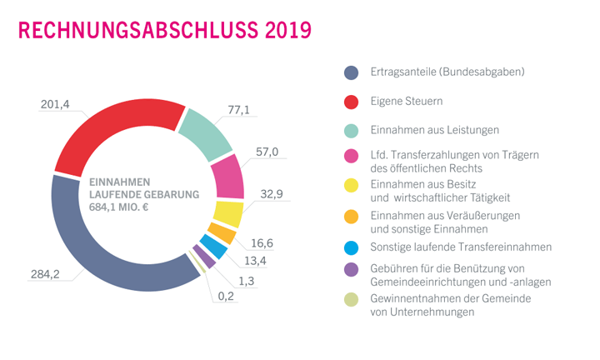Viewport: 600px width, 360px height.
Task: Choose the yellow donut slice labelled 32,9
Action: (227, 213)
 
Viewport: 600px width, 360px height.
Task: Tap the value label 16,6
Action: (263, 242)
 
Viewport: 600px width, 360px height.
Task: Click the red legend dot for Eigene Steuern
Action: (352, 101)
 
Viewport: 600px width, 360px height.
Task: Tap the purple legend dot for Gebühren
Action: (352, 268)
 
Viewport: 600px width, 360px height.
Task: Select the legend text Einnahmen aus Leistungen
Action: (435, 130)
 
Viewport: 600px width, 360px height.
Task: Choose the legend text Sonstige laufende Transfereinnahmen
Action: (461, 247)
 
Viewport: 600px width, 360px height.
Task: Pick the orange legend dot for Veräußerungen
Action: (352, 217)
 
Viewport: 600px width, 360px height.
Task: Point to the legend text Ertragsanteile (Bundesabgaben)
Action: (447, 72)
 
